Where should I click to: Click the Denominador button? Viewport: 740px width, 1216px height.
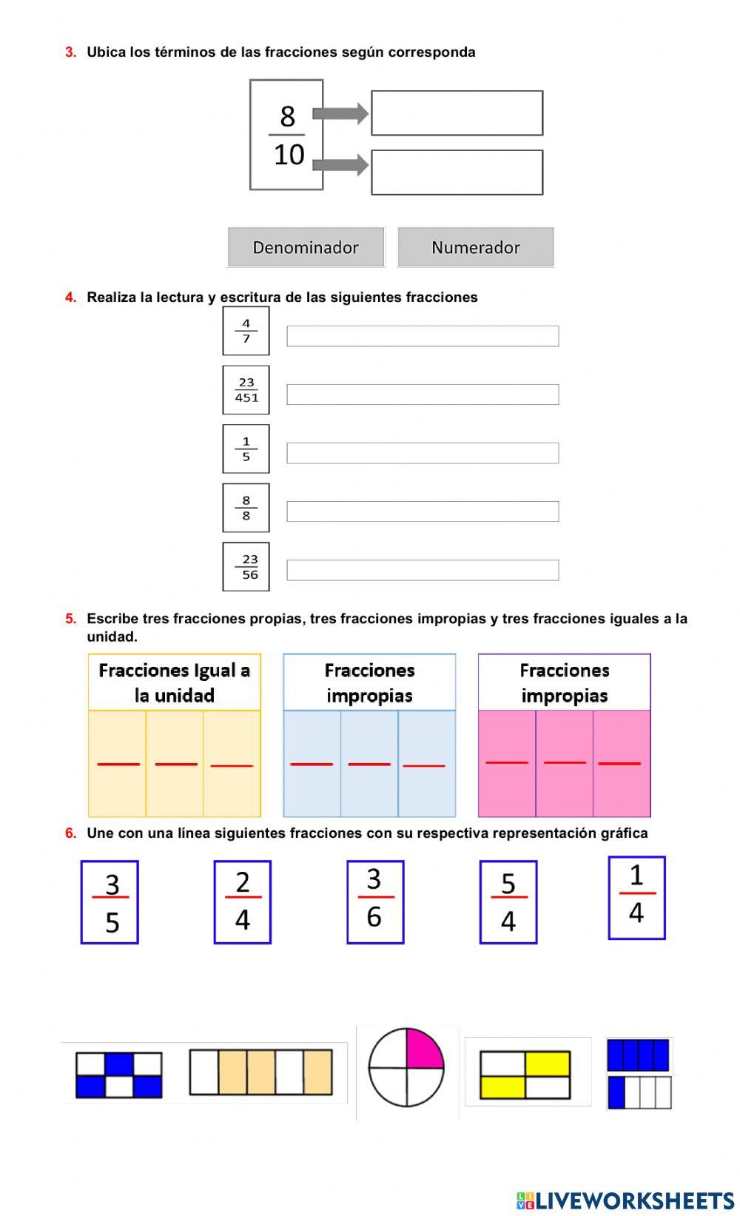pos(306,247)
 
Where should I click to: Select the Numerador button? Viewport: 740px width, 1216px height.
pos(475,247)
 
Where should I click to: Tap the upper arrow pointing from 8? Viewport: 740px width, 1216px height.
pos(340,113)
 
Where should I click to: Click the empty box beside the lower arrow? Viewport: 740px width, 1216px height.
pos(457,172)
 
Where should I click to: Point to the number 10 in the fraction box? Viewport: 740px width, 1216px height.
pos(289,155)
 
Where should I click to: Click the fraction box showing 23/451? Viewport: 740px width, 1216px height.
pos(246,390)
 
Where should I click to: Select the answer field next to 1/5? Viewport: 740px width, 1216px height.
pos(423,453)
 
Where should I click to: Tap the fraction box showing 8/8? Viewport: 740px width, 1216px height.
pos(246,508)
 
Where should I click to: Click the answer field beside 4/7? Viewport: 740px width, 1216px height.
pos(423,336)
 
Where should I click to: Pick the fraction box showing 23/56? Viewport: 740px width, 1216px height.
pos(246,567)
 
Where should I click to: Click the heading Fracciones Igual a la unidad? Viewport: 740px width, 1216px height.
pos(175,682)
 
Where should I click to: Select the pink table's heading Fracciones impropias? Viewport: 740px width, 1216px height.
pos(564,682)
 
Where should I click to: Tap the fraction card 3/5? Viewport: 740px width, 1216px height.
pos(110,902)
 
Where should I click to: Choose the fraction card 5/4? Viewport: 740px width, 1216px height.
pos(508,902)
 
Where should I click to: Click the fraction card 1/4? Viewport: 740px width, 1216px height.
pos(636,898)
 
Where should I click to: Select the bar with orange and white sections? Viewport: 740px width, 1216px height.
pos(260,1072)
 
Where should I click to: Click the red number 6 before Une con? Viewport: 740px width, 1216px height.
pos(70,833)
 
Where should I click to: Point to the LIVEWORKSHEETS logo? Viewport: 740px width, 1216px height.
pos(625,1200)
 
